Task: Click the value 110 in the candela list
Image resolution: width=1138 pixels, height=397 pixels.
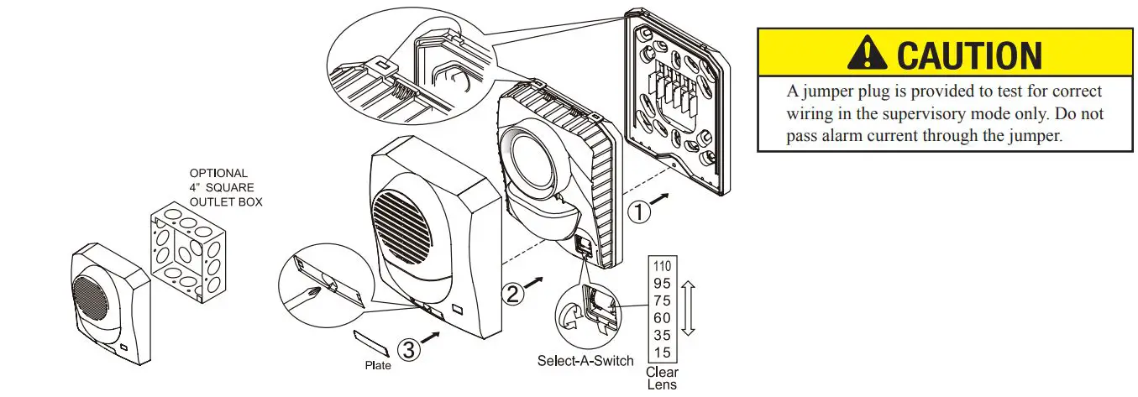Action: tap(662, 268)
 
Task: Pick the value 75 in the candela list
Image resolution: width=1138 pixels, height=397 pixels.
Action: tap(662, 300)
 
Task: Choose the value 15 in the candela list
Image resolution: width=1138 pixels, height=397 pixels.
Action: tap(662, 353)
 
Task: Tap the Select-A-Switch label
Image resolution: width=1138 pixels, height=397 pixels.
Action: tap(585, 362)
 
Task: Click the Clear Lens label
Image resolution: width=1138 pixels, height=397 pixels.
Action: tap(662, 379)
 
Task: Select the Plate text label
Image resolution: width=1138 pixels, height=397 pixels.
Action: tap(378, 366)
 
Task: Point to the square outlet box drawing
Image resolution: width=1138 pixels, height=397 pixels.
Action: tap(187, 253)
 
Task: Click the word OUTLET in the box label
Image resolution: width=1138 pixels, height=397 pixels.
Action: tap(215, 201)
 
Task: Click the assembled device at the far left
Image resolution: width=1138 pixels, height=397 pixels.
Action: tap(107, 303)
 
